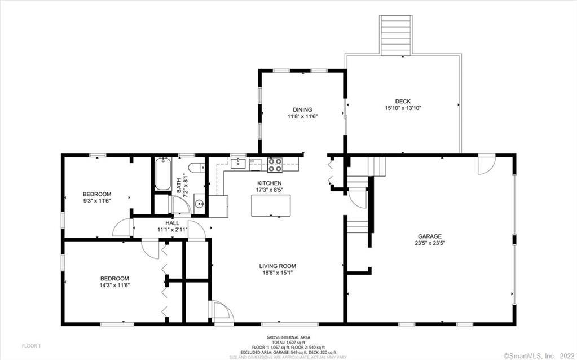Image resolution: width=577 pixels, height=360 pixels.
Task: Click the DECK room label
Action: coord(402,101)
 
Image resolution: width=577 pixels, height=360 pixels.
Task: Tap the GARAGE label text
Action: coord(429,236)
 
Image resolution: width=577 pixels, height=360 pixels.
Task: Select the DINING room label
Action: coord(302,109)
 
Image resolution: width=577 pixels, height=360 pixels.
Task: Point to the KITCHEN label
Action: coord(269,183)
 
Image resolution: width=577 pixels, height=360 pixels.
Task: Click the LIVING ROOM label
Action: coord(278,266)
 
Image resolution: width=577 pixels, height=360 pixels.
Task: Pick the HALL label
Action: coord(173,223)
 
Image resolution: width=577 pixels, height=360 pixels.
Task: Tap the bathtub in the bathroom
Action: coord(161,174)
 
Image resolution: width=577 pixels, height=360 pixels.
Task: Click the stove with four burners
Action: coord(275,164)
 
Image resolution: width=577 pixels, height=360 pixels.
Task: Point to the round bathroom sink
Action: coord(198,204)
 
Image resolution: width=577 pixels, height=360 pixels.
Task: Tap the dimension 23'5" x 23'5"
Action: coord(429,243)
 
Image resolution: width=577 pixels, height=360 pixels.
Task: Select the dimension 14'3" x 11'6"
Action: coord(115,286)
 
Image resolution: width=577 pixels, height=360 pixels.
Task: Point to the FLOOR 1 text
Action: coord(31,345)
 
